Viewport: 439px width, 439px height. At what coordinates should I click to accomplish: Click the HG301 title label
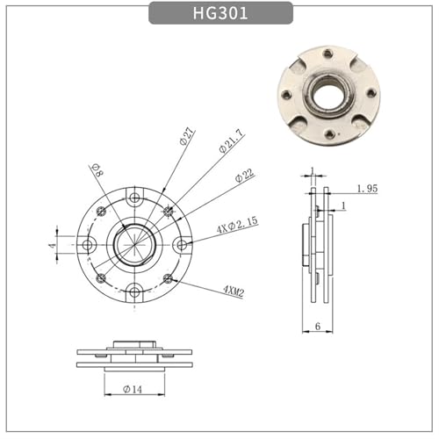pos(220,13)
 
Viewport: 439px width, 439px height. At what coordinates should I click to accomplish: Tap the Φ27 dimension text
pos(186,136)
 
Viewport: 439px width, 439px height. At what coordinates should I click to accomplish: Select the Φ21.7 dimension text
pos(231,141)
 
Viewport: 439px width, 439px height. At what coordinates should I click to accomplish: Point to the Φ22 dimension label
pos(245,176)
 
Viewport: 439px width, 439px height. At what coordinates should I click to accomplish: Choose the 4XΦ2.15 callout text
pos(237,225)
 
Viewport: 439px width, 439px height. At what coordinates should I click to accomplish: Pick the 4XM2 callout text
pos(234,291)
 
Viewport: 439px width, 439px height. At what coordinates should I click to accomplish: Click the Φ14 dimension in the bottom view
pos(133,389)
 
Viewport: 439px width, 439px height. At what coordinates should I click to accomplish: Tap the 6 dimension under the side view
pos(318,326)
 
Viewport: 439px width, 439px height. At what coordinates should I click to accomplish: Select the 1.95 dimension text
pos(368,189)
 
